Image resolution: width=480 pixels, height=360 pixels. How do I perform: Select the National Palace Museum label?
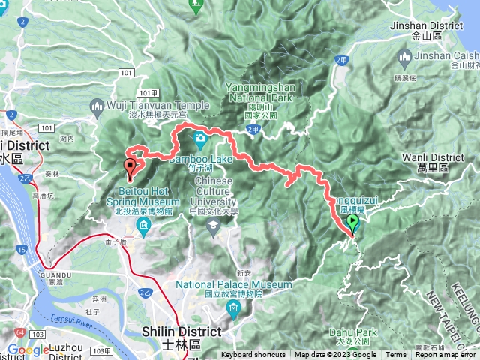pyautogui.click(x=234, y=285)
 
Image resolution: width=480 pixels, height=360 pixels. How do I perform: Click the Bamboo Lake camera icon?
pyautogui.click(x=200, y=138)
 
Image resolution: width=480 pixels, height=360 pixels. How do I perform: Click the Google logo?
pyautogui.click(x=28, y=349)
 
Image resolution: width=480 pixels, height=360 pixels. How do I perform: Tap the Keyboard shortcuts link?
pyautogui.click(x=253, y=355)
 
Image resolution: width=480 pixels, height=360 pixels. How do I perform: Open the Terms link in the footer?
pyautogui.click(x=396, y=355)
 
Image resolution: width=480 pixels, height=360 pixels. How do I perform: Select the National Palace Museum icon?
pyautogui.click(x=235, y=309)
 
